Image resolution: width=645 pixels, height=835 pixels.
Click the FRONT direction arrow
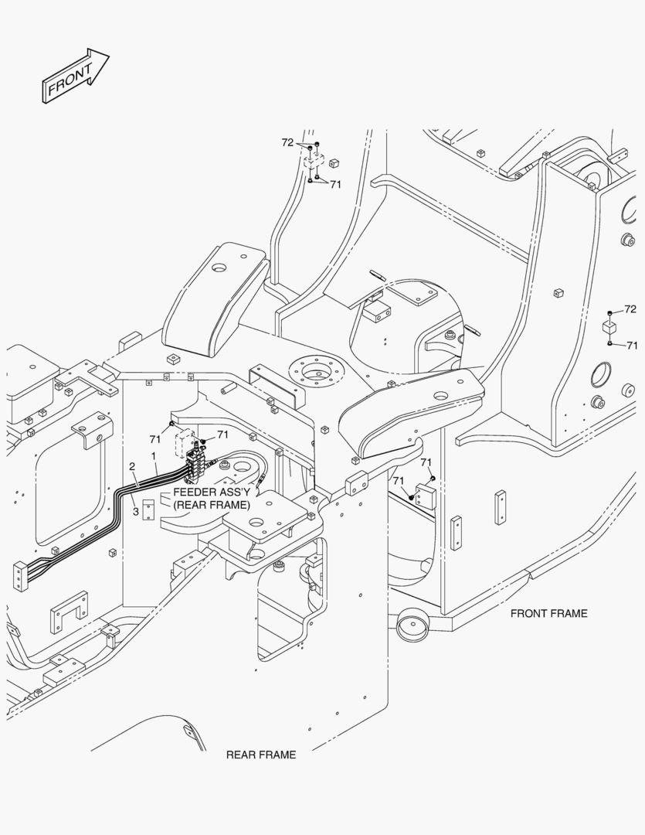75,76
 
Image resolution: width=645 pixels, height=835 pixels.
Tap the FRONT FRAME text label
548,613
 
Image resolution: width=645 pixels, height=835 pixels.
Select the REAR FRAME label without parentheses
261,755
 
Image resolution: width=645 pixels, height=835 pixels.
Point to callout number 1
154,456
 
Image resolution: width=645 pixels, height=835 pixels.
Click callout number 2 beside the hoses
132,466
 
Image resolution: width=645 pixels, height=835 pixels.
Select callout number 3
136,511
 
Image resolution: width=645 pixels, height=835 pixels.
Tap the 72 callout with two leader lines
287,142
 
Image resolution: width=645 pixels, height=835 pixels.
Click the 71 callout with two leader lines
335,184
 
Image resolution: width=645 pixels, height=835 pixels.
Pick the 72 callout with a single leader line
630,308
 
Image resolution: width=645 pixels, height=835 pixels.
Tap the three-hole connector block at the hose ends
19,575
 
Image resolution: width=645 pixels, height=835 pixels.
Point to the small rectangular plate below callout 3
150,508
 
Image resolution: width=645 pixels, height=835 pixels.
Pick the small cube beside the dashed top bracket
334,162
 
